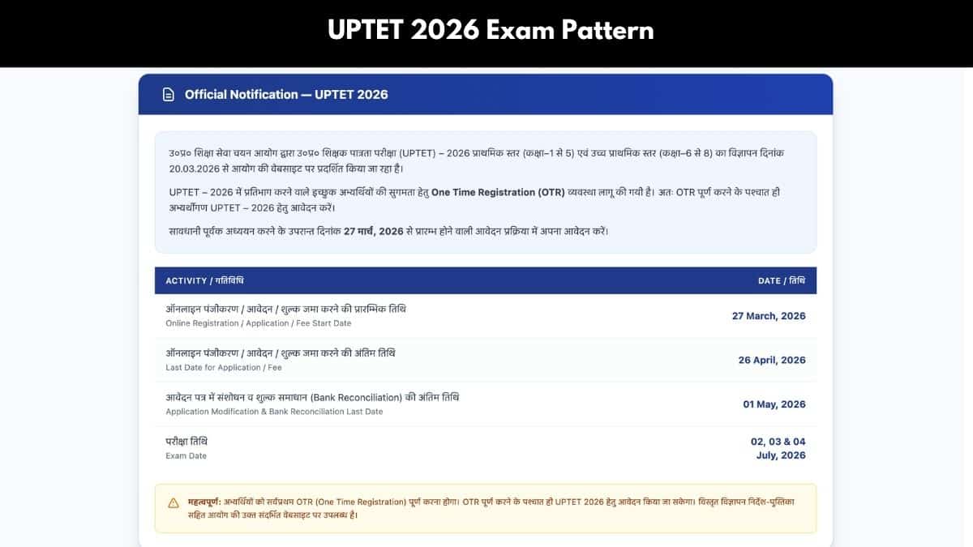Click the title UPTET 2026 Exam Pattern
pyautogui.click(x=491, y=31)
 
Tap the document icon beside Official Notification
pyautogui.click(x=168, y=95)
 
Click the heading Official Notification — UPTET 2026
pyautogui.click(x=286, y=95)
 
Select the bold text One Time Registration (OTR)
pyautogui.click(x=498, y=192)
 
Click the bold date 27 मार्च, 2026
pyautogui.click(x=374, y=232)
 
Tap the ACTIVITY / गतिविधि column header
pyautogui.click(x=204, y=281)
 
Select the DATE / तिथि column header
pyautogui.click(x=782, y=281)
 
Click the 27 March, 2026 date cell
pyautogui.click(x=769, y=316)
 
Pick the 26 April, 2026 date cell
pyautogui.click(x=772, y=361)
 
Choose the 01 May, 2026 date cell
pyautogui.click(x=774, y=404)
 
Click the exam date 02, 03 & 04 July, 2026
pyautogui.click(x=778, y=448)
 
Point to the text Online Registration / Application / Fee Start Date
pyautogui.click(x=259, y=323)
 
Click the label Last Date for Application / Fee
pyautogui.click(x=224, y=368)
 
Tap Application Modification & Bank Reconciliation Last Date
pyautogui.click(x=274, y=412)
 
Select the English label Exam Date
pyautogui.click(x=186, y=455)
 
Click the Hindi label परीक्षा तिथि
pyautogui.click(x=186, y=442)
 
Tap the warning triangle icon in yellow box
pyautogui.click(x=174, y=503)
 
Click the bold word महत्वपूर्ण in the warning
pyautogui.click(x=204, y=502)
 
